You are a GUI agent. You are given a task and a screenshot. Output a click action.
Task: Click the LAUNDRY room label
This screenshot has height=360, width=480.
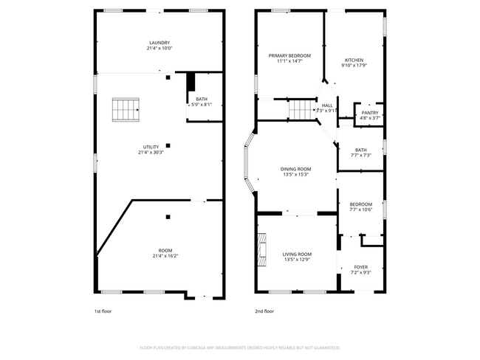[160, 43]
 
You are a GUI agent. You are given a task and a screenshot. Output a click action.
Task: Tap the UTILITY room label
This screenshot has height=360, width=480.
[151, 148]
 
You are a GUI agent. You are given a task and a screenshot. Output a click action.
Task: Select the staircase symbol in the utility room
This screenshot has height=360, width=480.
[126, 110]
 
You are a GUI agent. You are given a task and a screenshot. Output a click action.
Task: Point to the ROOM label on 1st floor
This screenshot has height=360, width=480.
[165, 251]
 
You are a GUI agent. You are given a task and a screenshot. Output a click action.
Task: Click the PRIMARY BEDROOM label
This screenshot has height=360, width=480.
[289, 56]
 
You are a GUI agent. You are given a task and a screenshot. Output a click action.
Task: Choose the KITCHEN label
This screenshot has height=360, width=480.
[354, 60]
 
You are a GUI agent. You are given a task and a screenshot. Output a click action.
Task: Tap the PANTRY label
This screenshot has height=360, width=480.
[370, 113]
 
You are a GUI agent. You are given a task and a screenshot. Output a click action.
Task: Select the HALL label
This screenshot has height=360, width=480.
[327, 105]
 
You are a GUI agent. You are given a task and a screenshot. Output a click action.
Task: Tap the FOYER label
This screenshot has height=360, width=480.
[360, 267]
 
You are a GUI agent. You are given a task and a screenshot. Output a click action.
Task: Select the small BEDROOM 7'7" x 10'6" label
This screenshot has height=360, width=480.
[361, 204]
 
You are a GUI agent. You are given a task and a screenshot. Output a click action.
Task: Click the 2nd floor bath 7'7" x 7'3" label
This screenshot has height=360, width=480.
[360, 150]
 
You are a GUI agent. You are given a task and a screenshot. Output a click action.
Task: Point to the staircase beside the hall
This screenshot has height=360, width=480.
[302, 109]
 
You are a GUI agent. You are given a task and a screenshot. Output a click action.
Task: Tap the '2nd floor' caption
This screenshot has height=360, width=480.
[264, 311]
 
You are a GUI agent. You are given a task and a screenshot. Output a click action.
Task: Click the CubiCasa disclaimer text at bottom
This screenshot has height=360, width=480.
[239, 347]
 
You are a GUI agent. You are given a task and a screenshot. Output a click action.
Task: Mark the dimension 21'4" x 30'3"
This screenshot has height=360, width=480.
[151, 153]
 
